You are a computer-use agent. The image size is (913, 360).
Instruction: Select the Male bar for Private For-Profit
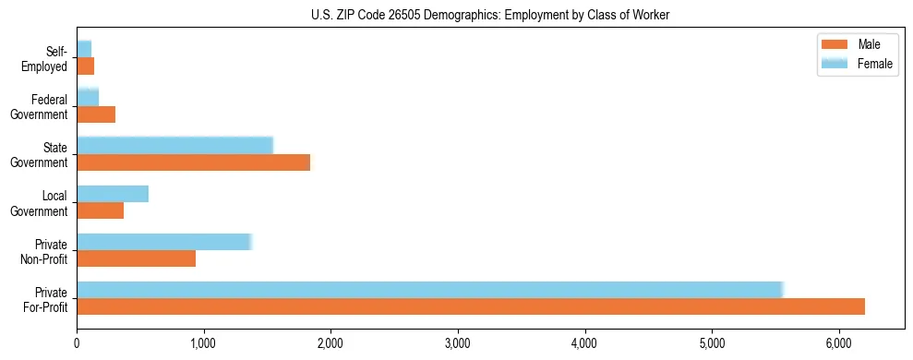pos(471,306)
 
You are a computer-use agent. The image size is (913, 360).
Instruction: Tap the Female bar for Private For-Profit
pos(430,290)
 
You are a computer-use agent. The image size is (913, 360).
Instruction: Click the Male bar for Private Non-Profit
pos(136,258)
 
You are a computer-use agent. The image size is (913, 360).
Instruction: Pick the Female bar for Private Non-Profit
pos(163,242)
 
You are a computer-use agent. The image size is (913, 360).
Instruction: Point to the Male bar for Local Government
pos(100,210)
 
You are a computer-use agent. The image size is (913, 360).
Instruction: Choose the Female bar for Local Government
pos(113,194)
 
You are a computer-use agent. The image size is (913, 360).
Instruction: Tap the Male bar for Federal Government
pos(96,114)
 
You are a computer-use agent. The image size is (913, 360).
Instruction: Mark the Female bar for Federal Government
pos(88,98)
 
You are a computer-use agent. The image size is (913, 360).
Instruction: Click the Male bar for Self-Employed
pos(85,66)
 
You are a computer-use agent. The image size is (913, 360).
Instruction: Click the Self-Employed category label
pos(49,58)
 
